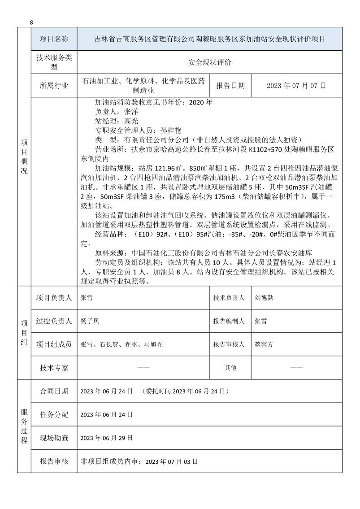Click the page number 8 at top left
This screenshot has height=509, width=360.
click(x=31, y=22)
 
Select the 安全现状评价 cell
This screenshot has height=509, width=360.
click(x=209, y=63)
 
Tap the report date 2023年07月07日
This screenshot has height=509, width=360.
click(x=296, y=85)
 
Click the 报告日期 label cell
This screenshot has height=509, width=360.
click(x=230, y=85)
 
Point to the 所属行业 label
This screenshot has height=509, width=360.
click(x=54, y=85)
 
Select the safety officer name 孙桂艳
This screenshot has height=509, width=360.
click(x=170, y=131)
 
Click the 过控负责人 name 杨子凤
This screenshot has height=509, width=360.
click(x=90, y=321)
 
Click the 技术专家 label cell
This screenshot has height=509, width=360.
click(x=54, y=368)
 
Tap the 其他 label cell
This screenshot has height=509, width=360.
click(x=230, y=368)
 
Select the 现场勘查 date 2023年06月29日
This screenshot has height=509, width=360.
click(x=107, y=438)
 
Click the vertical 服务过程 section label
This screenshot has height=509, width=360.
click(x=24, y=426)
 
